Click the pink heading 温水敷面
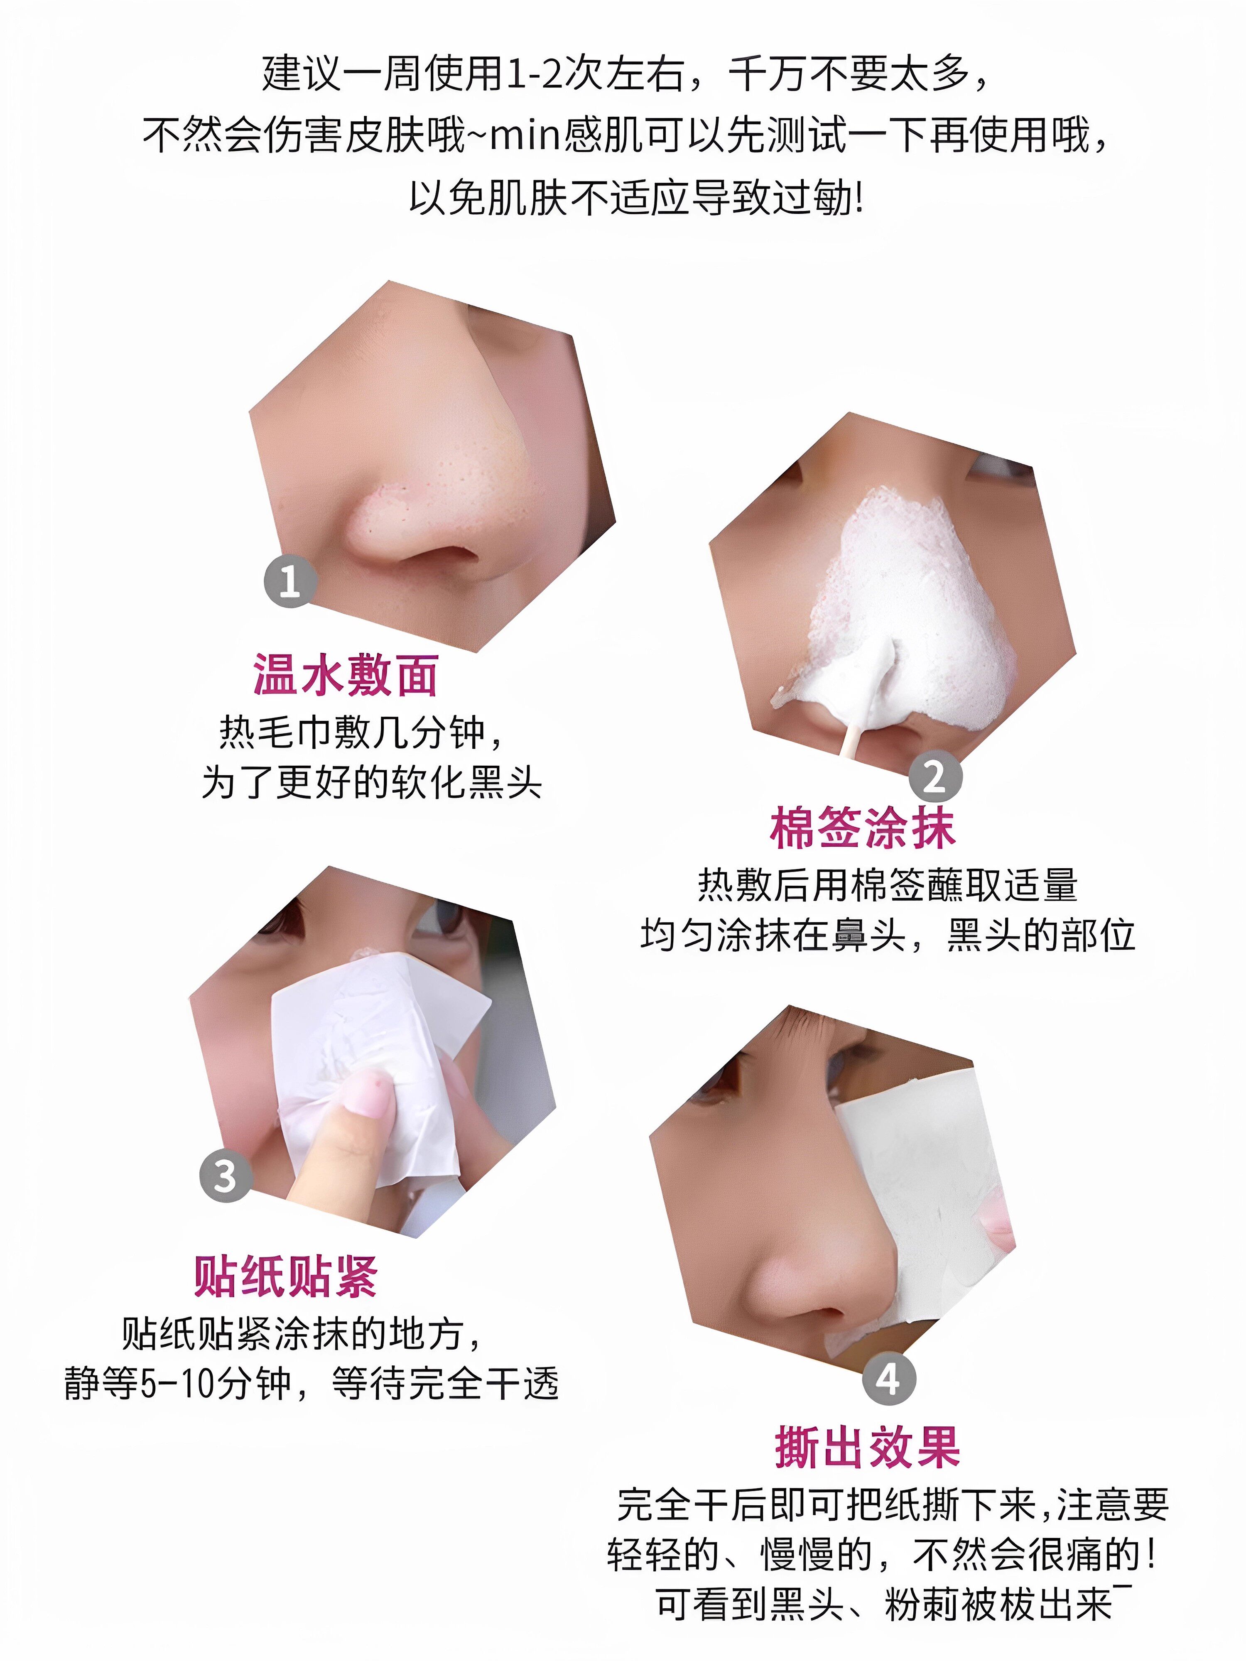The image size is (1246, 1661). click(346, 674)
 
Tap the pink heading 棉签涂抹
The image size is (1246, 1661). click(862, 828)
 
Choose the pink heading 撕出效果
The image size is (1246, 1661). click(868, 1447)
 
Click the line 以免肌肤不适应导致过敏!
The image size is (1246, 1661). click(636, 198)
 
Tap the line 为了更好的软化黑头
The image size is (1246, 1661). click(372, 782)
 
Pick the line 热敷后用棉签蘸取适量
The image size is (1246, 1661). click(888, 884)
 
